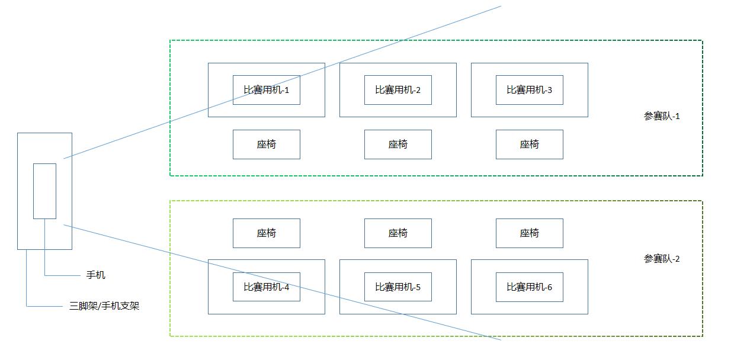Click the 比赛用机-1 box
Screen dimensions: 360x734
pos(266,90)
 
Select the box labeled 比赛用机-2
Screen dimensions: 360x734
pos(398,90)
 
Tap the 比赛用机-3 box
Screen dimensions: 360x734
pos(529,90)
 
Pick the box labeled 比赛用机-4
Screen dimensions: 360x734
pos(266,287)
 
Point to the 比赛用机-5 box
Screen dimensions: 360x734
pos(398,287)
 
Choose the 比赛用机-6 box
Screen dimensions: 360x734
pos(529,287)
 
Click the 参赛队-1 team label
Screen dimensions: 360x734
pos(662,116)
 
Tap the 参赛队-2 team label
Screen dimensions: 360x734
pos(662,259)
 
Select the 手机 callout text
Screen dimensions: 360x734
pos(96,275)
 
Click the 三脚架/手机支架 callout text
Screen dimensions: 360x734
pos(104,306)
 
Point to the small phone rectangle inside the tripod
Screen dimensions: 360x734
pos(44,191)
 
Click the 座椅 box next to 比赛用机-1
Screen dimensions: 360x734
pos(266,144)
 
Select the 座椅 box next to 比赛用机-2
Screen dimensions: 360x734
pos(398,144)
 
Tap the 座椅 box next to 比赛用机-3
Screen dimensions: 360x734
pos(529,144)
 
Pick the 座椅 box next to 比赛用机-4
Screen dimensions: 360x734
pos(266,233)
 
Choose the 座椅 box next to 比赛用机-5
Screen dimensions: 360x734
pos(398,233)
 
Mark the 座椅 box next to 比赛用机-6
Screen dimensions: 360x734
pos(529,233)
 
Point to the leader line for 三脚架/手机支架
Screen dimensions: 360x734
pos(47,306)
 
